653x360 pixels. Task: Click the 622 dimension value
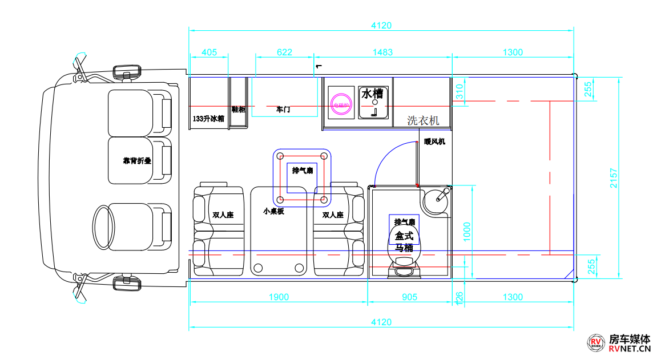pyautogui.click(x=284, y=52)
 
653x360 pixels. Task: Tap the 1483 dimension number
pyautogui.click(x=382, y=52)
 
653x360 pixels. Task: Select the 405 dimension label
pyautogui.click(x=209, y=52)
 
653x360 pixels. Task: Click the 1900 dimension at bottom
pyautogui.click(x=279, y=297)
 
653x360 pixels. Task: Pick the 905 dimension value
pyautogui.click(x=409, y=297)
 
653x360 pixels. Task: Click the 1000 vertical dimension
pyautogui.click(x=467, y=232)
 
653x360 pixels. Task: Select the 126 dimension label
pyautogui.click(x=458, y=297)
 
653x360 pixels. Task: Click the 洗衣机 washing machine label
pyautogui.click(x=423, y=120)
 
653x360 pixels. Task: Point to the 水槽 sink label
pyautogui.click(x=372, y=93)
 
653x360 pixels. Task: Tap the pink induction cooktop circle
pyautogui.click(x=342, y=104)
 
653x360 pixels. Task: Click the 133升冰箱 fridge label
pyautogui.click(x=208, y=119)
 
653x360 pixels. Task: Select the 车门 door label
pyautogui.click(x=283, y=109)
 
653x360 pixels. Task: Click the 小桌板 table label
pyautogui.click(x=273, y=211)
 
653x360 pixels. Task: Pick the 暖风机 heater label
pyautogui.click(x=434, y=141)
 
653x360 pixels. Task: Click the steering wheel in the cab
pyautogui.click(x=104, y=226)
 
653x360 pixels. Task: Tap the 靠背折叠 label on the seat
pyautogui.click(x=137, y=161)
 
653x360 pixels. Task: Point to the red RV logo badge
pyautogui.click(x=596, y=343)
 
